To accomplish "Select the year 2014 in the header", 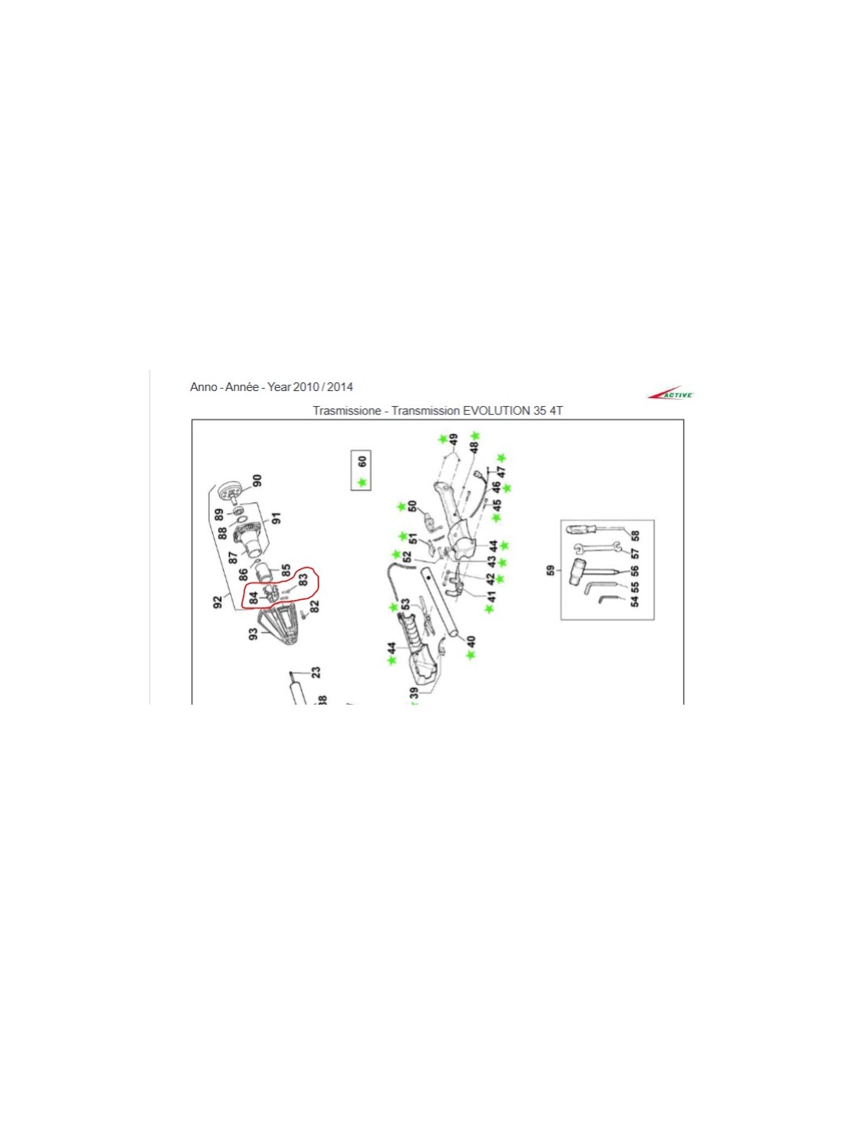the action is [340, 387].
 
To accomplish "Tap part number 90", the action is [257, 480].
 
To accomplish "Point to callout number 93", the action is [253, 634].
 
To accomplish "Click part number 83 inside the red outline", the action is [303, 579].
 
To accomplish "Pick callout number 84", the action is [253, 598].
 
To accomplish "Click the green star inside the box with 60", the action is [362, 482].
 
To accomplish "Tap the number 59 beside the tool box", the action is [552, 571].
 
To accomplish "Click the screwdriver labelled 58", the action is [594, 529].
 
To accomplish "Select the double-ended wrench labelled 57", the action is [597, 547].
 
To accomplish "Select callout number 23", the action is [315, 672].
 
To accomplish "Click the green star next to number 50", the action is [401, 507].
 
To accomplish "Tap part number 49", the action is [453, 440].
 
